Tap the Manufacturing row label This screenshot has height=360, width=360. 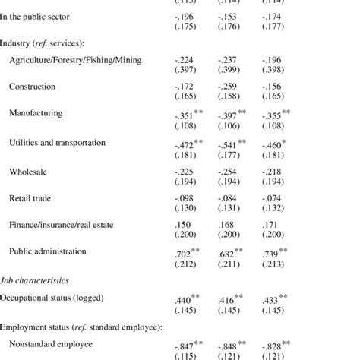point(36,114)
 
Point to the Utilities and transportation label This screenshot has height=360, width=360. point(57,142)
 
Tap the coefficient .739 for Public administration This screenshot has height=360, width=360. point(273,254)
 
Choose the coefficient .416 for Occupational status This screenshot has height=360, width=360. point(227,300)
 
